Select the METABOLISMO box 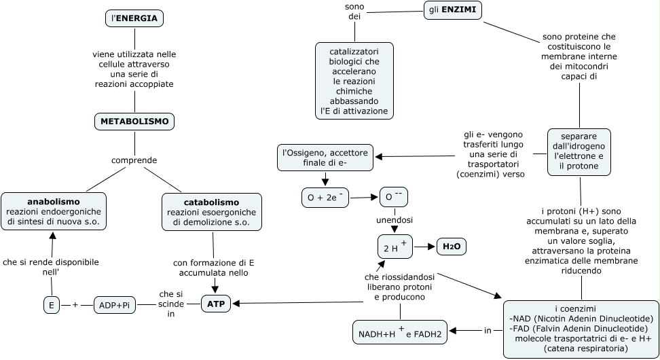tap(134, 122)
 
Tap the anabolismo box tap(54, 212)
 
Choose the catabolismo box tap(212, 212)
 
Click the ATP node tap(216, 304)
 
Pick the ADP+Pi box tap(115, 305)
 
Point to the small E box tap(51, 305)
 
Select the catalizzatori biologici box tap(354, 81)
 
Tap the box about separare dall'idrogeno tap(579, 151)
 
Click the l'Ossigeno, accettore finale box tap(325, 158)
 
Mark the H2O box tap(451, 247)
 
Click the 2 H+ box tap(395, 247)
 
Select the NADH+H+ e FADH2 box tap(400, 332)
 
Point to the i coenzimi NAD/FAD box tap(581, 328)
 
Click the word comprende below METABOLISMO tap(134, 160)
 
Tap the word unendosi tap(395, 220)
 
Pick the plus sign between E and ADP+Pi tap(75, 305)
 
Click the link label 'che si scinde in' tap(171, 304)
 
